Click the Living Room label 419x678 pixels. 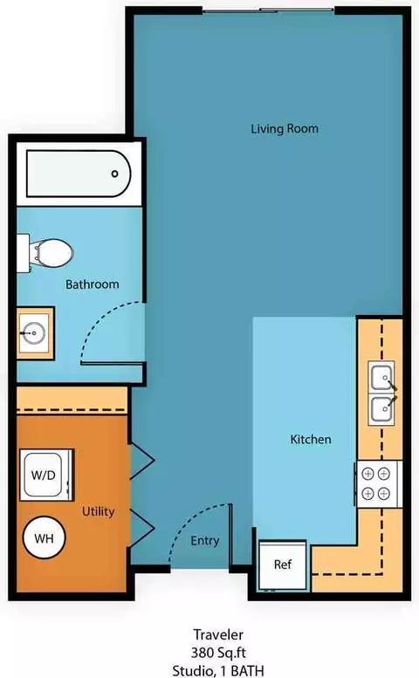[285, 129]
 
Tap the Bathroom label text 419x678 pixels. [93, 284]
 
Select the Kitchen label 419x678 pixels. [311, 439]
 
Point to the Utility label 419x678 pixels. [98, 511]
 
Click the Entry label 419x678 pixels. [205, 541]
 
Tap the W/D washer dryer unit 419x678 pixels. [46, 475]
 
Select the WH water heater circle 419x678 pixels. [45, 538]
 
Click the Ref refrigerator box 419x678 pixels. [283, 565]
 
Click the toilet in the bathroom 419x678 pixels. [45, 253]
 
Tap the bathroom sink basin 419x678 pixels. [34, 333]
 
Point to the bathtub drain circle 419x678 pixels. [114, 174]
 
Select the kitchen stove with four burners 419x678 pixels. [378, 484]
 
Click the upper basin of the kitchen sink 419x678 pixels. [381, 377]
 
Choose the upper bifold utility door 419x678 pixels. [141, 461]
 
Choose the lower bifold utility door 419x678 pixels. [141, 528]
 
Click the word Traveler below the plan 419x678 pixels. [218, 634]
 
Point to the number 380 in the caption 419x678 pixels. [203, 653]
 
